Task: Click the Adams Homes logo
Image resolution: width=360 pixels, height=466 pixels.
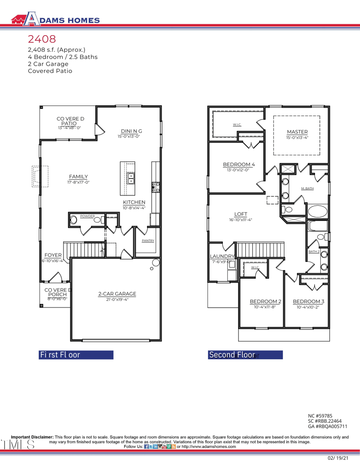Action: (x=54, y=19)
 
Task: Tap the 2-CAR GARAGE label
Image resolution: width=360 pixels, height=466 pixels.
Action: (x=117, y=294)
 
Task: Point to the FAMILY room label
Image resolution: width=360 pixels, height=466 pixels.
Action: (x=78, y=176)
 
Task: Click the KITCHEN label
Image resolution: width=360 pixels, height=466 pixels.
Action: (x=134, y=203)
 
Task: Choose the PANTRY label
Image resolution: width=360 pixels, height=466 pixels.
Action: (x=148, y=241)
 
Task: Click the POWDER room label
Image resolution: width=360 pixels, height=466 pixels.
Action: (x=87, y=217)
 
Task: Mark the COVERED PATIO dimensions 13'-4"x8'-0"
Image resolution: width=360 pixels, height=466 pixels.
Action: (x=69, y=128)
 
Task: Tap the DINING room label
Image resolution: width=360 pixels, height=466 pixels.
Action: (x=129, y=131)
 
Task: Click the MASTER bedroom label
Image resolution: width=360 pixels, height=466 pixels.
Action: (x=297, y=132)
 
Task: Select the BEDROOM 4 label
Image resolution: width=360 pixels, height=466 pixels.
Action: (x=238, y=165)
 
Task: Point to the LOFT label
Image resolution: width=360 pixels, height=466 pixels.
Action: (x=241, y=214)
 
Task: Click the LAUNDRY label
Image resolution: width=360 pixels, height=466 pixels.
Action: (x=222, y=256)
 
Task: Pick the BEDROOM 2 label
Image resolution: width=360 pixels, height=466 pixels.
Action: (x=265, y=301)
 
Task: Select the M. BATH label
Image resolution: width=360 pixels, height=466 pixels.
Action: (x=307, y=188)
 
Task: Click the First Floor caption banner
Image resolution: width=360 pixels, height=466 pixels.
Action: (x=76, y=354)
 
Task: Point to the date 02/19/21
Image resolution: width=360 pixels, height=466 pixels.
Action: (x=338, y=457)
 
